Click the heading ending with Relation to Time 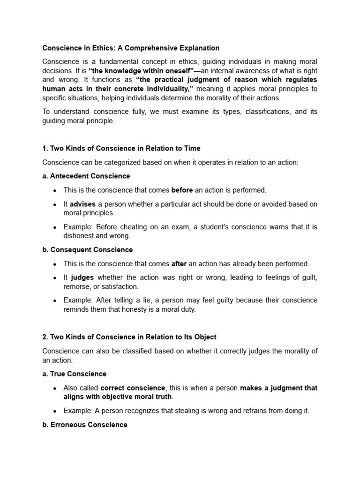point(121,148)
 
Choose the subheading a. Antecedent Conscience point(86,176)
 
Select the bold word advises point(82,204)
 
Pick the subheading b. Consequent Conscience point(88,250)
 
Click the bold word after point(179,264)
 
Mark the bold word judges point(82,277)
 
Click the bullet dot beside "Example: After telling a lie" point(55,300)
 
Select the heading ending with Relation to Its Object point(129,337)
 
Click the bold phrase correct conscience point(133,388)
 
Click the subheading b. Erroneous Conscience point(85,425)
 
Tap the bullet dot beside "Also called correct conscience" point(55,388)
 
